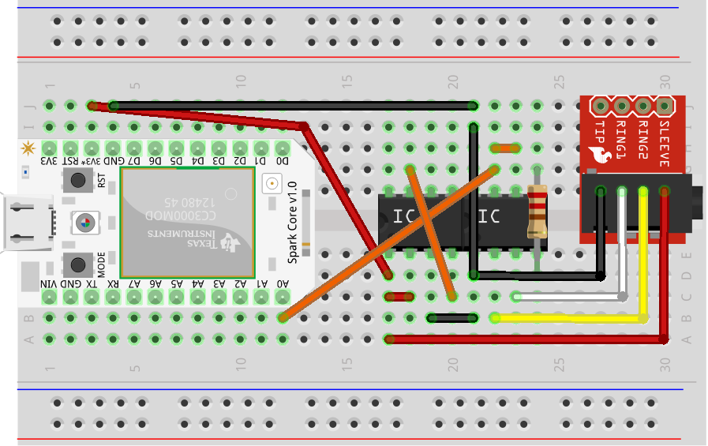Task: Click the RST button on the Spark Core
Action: (x=79, y=182)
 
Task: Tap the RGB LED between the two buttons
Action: (x=81, y=223)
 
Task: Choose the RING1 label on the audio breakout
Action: (x=621, y=141)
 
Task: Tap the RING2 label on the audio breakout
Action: (x=642, y=141)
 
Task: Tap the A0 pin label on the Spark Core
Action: (x=283, y=284)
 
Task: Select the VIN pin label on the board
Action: (x=49, y=284)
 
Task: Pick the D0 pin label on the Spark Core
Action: (x=283, y=161)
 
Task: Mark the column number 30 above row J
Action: (x=665, y=81)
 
